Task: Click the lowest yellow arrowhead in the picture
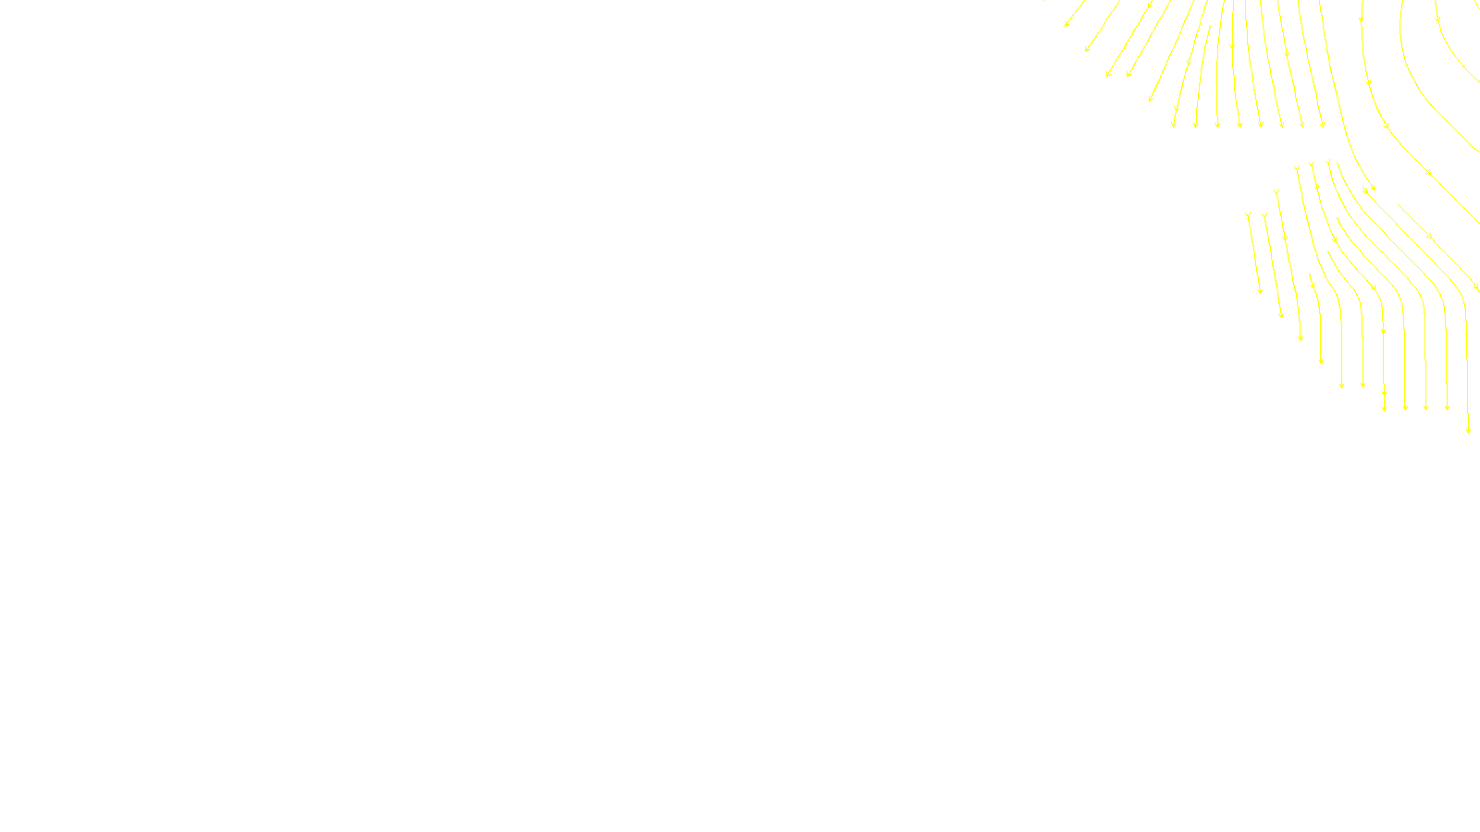coord(1468,430)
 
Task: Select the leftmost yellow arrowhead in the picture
coord(1067,24)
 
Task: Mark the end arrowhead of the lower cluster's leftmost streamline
coord(1260,291)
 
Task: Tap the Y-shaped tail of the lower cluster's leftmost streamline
coord(1248,214)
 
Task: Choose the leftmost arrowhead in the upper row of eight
coord(1174,124)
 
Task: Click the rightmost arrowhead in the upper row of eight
coord(1323,125)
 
